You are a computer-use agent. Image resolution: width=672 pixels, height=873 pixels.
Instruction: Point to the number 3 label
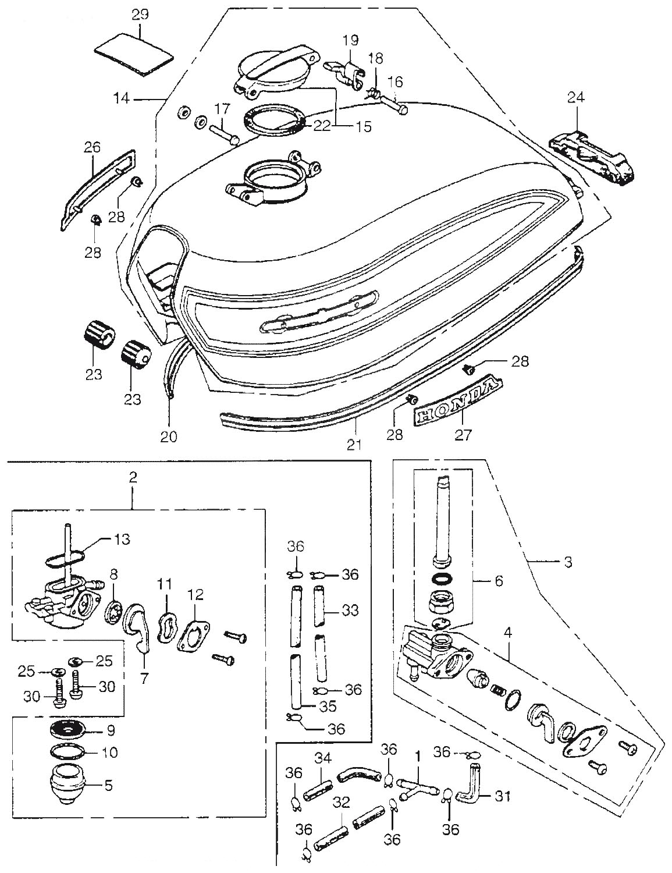(568, 562)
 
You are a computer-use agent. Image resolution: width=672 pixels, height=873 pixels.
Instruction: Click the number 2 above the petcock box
(133, 478)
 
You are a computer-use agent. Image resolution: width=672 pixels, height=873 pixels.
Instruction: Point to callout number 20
(170, 436)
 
